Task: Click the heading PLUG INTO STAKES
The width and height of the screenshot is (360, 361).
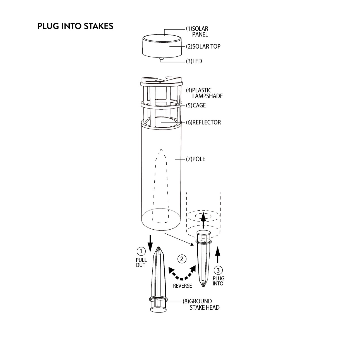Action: [x=75, y=26]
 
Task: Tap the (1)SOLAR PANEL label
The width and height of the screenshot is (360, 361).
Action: [x=197, y=32]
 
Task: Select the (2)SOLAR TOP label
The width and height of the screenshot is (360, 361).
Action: [x=203, y=47]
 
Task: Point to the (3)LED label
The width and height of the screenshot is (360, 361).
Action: [x=194, y=61]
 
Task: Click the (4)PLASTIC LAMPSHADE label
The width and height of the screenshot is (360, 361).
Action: [x=204, y=93]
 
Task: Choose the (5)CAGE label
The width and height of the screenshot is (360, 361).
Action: [x=196, y=105]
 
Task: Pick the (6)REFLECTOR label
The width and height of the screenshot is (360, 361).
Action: [x=203, y=122]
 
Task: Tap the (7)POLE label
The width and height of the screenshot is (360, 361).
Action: [x=196, y=159]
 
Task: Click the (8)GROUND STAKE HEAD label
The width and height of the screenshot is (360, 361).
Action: [x=201, y=304]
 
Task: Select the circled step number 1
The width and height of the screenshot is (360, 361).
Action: [x=141, y=251]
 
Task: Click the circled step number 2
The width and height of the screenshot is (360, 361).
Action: [x=182, y=259]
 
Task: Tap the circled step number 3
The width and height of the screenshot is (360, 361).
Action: [x=218, y=270]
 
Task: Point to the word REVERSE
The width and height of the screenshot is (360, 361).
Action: [x=182, y=286]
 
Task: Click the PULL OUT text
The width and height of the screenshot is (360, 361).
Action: [x=141, y=263]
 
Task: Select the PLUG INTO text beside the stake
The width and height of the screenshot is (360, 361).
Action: [x=218, y=281]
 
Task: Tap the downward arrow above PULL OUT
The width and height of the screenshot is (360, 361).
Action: [x=150, y=244]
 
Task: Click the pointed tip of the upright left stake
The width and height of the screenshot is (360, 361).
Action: [x=159, y=247]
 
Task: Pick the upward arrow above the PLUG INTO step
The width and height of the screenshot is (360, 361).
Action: [x=217, y=255]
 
